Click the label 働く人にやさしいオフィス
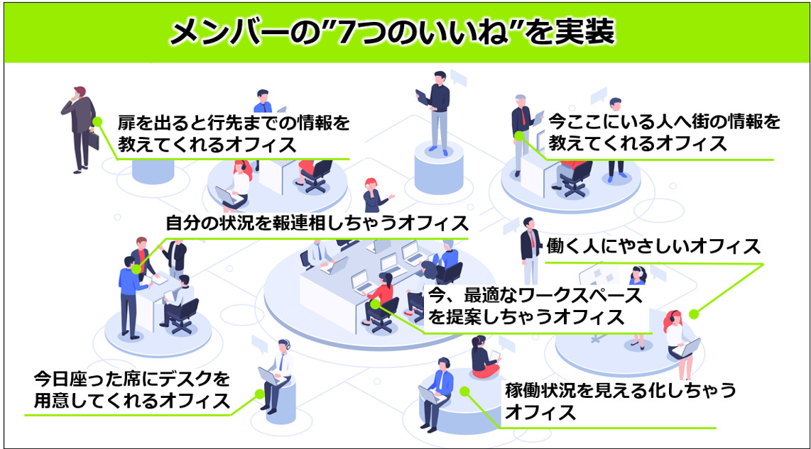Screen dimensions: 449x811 click(x=653, y=246)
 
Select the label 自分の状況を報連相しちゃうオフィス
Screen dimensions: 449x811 click(x=317, y=223)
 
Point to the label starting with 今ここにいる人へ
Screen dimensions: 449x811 click(x=665, y=133)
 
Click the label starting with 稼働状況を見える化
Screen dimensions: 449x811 click(x=610, y=401)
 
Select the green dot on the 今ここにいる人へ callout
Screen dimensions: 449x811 click(x=519, y=133)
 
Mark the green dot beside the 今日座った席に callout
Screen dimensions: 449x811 click(x=258, y=392)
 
